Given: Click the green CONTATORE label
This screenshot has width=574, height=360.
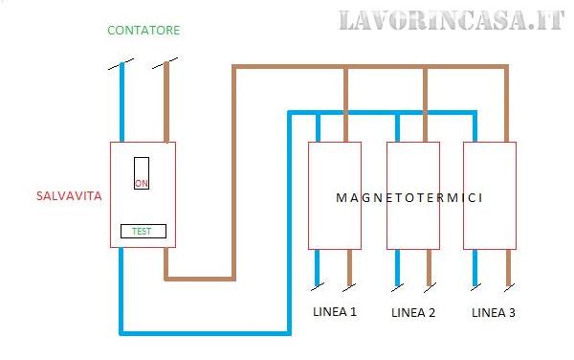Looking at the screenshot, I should pos(143,31).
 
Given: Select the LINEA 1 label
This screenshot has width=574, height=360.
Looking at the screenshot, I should pos(335,313).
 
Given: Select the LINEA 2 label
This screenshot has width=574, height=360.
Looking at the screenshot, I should pos(413,313).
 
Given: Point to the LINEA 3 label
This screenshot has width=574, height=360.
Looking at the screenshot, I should pos(494,313).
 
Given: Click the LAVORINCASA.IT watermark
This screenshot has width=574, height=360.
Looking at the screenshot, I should pos(451,20).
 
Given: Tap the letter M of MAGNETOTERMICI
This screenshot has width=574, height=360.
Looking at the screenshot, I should pos(341,198).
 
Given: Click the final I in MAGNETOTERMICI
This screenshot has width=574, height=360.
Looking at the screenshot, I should pos(478,198).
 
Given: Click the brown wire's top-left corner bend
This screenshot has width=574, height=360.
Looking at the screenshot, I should pos(234,67).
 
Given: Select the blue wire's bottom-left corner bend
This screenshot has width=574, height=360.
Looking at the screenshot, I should pos(121,333).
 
